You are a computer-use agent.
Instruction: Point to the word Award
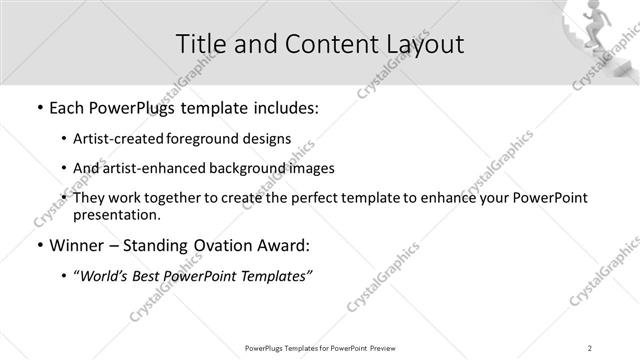point(284,245)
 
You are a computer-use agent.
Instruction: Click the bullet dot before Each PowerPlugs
point(38,107)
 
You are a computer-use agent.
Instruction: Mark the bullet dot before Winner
point(38,245)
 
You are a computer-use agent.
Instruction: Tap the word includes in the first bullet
point(284,107)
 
